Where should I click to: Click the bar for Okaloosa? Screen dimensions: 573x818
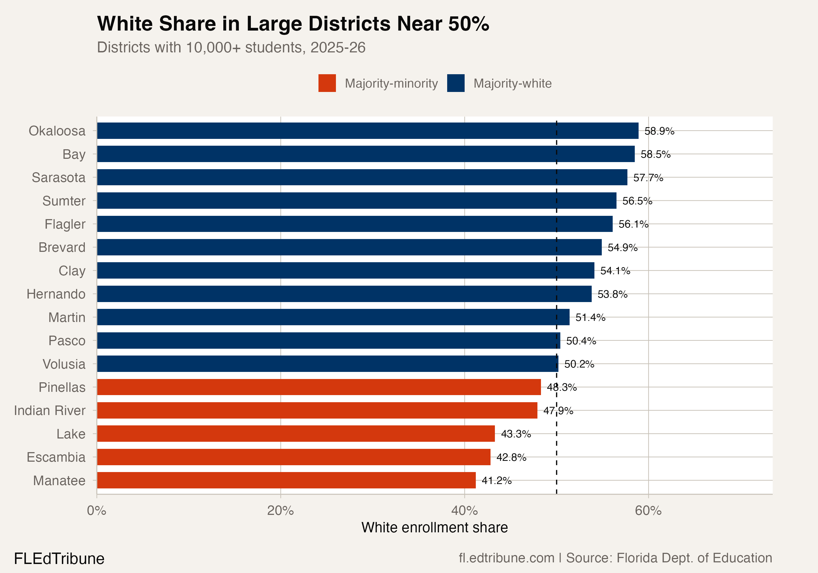click(367, 131)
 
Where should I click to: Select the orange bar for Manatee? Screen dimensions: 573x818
click(286, 480)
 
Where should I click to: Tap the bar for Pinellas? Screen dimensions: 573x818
click(318, 387)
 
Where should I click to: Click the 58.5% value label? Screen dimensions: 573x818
click(655, 154)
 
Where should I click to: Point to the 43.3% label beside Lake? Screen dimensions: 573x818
click(516, 434)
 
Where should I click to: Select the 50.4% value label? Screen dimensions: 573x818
click(581, 341)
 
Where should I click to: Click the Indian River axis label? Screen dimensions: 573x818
click(50, 410)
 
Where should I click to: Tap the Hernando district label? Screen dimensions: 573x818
click(56, 294)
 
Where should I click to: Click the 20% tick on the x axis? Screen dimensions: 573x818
click(280, 511)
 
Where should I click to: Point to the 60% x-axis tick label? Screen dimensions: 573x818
click(648, 511)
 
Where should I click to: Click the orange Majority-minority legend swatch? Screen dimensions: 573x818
click(327, 83)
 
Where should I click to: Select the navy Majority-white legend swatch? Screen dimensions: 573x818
click(456, 83)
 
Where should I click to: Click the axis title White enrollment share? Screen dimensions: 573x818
click(434, 527)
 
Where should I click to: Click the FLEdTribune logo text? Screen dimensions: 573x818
click(59, 558)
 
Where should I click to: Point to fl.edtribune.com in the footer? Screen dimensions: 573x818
click(506, 558)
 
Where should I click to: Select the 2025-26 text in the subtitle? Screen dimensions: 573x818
click(338, 47)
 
